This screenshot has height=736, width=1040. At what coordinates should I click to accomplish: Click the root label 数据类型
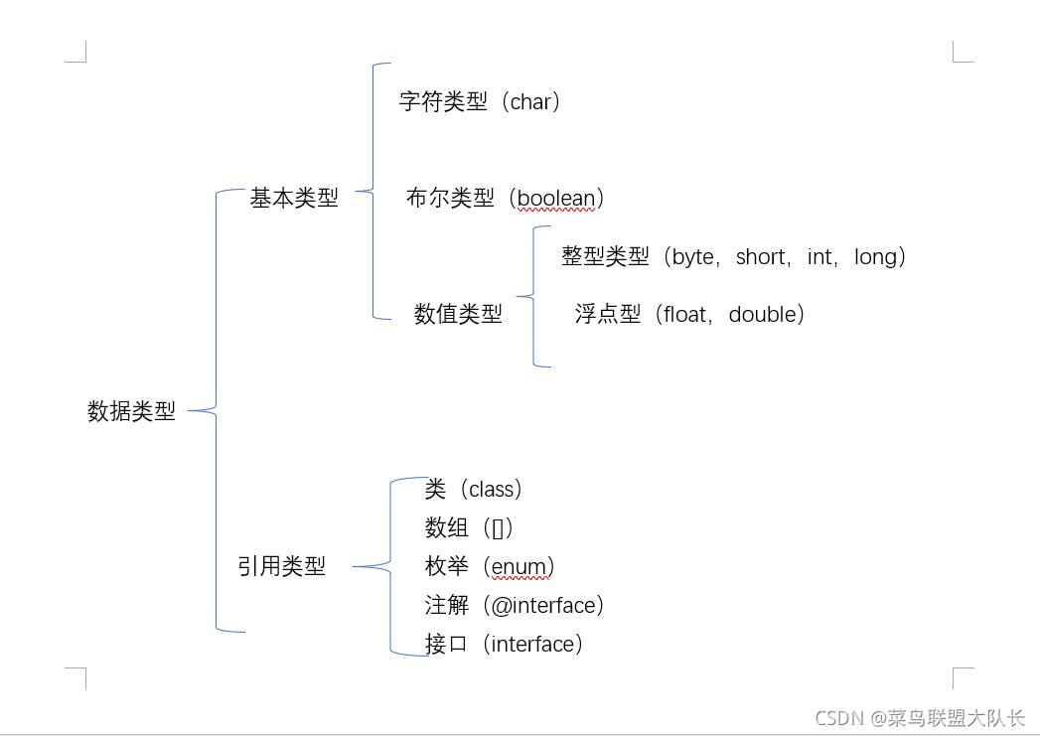[131, 411]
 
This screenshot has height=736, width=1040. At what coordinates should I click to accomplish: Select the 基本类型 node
[294, 199]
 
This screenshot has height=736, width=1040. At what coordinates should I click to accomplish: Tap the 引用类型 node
[281, 567]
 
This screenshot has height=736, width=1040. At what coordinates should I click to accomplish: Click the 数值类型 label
[458, 315]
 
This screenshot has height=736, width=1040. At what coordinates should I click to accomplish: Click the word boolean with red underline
[555, 198]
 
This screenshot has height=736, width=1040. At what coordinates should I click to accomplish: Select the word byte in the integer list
[693, 257]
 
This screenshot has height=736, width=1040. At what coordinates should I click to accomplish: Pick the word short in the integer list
[761, 257]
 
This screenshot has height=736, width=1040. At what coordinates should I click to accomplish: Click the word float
[685, 315]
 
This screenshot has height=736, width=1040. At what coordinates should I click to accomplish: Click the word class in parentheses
[492, 490]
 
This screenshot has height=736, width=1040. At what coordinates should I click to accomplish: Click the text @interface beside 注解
[543, 606]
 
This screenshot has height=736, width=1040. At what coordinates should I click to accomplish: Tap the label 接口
[446, 645]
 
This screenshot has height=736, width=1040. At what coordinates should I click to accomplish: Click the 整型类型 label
[605, 257]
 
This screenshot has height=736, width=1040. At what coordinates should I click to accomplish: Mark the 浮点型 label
[608, 315]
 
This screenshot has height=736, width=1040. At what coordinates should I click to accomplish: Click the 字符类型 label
[443, 101]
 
